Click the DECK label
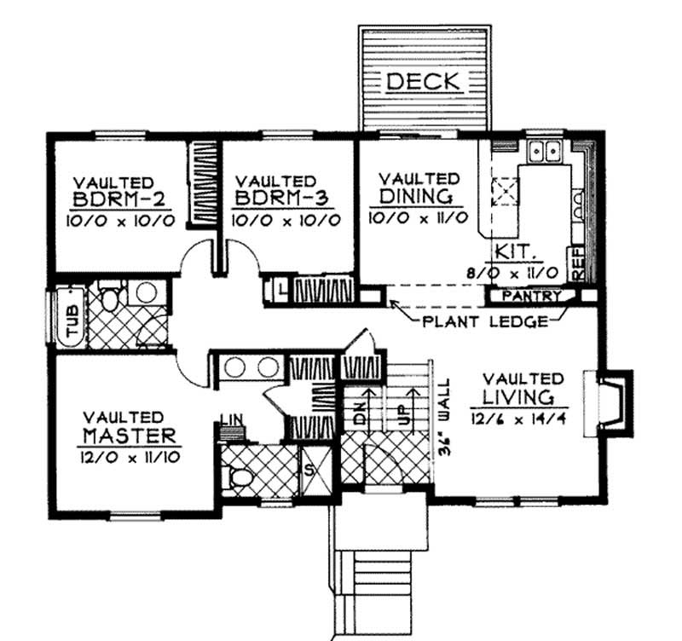click(x=424, y=82)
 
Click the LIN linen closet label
click(x=231, y=419)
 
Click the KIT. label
click(x=514, y=253)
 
